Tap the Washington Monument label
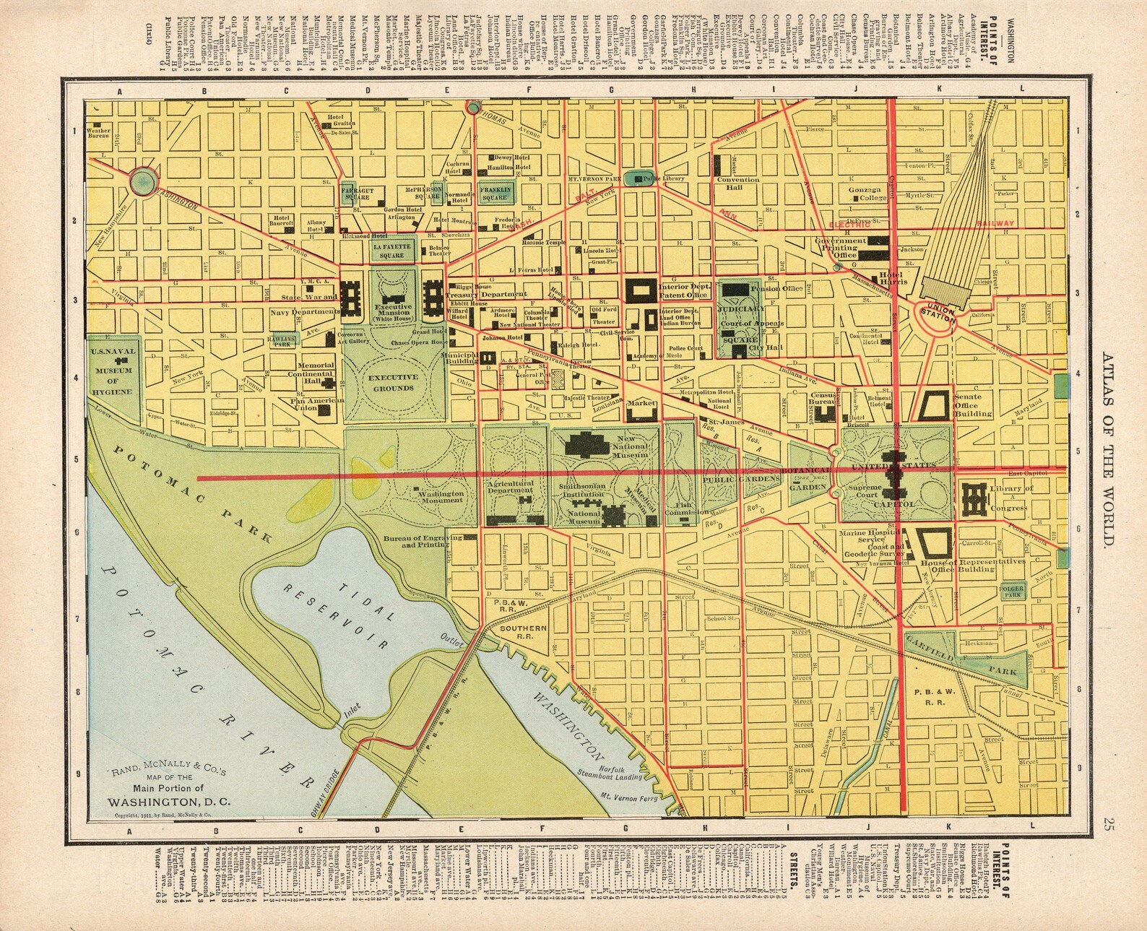[x=438, y=496]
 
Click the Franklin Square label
[x=495, y=193]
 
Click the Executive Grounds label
[x=393, y=383]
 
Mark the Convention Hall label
[x=737, y=183]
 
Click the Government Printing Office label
[x=839, y=248]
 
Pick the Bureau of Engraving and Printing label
[x=422, y=542]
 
